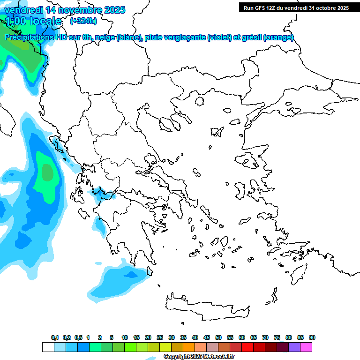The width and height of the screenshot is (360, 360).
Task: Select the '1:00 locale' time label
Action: tap(33, 21)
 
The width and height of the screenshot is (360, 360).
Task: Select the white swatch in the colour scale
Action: tap(48, 347)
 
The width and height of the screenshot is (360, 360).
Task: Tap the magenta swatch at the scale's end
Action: tap(306, 347)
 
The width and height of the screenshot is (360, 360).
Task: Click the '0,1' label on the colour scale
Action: tap(54, 337)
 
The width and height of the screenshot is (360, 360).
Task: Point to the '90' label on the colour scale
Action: tap(312, 337)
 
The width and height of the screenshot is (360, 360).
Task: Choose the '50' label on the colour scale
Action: tap(218, 337)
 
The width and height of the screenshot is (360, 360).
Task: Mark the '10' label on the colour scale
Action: tap(125, 337)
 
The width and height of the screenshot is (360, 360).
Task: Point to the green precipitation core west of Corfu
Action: tap(47, 172)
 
